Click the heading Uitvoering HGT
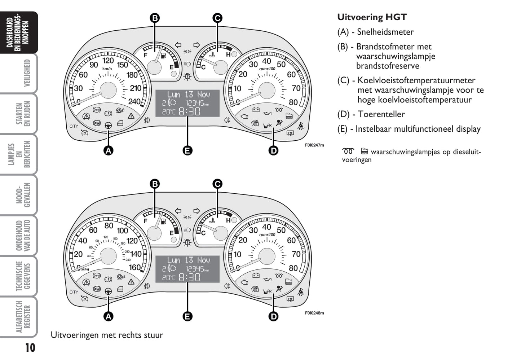tap(372, 17)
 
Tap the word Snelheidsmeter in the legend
tap(385, 32)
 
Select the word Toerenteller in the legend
tap(381, 114)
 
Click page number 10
tap(30, 347)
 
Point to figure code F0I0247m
tap(314, 145)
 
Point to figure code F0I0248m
tap(314, 313)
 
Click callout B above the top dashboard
tap(155, 18)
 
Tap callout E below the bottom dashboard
tap(187, 316)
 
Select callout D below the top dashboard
tap(274, 150)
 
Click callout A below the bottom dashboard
tap(108, 316)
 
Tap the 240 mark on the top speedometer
tap(134, 102)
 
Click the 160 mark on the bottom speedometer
tap(134, 268)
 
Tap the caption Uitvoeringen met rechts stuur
tap(107, 335)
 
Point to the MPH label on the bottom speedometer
tap(85, 269)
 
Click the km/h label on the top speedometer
tap(107, 69)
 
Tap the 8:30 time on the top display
tap(190, 111)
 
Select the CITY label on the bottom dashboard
tap(74, 292)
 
